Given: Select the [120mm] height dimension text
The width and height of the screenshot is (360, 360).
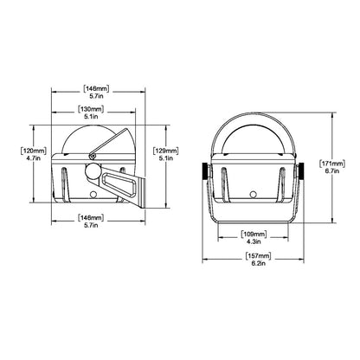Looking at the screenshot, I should (30, 151).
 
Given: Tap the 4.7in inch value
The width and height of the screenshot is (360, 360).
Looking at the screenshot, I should (30, 160).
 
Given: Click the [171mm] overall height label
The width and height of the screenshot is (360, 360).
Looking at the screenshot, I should (332, 162).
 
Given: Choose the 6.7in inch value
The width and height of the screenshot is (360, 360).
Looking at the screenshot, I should (332, 171).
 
